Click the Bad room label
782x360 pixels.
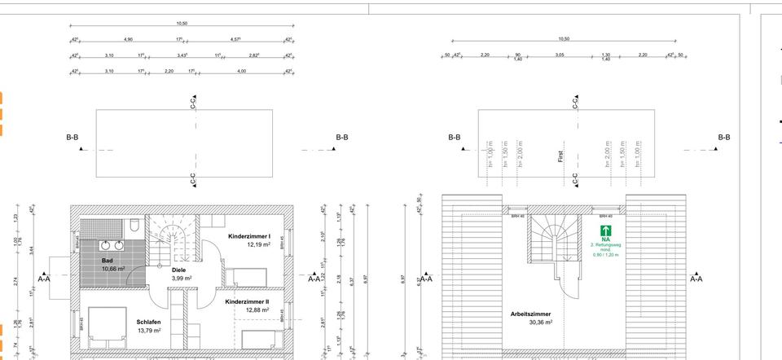coord(107,259)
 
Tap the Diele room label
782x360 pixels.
coord(178,270)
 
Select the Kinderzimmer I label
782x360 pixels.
coord(249,236)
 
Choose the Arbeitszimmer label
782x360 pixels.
coord(530,314)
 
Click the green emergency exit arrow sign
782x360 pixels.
coord(605,230)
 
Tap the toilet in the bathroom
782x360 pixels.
coord(133,223)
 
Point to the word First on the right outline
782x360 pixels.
coord(560,155)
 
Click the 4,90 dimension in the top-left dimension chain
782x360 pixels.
coord(128,39)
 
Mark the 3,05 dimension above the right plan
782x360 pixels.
coord(560,55)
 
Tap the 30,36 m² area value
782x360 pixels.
coord(530,322)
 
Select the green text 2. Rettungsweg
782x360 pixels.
coord(605,244)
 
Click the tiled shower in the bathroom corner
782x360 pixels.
coord(98,223)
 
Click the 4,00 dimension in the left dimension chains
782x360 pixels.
coord(241,72)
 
